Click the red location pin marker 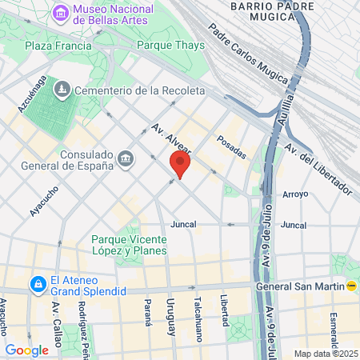pos(180,166)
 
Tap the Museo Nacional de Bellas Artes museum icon pos(60,13)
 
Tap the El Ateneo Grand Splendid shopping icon pos(37,284)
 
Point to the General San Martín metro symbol pos(352,286)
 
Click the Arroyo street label pos(295,194)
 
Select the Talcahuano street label pos(198,315)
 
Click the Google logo pos(26,350)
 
